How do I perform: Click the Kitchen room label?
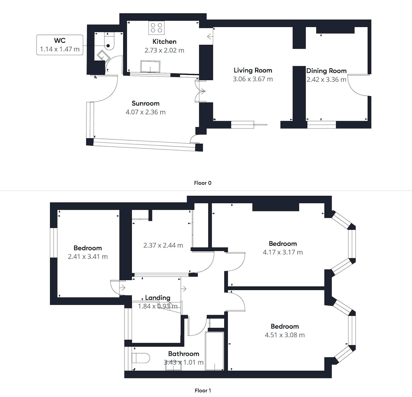coord(164,42)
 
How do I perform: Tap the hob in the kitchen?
coord(157,28)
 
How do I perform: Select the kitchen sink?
coord(150,66)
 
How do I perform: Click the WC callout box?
coord(60,45)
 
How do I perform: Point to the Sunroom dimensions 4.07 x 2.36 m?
coord(145,112)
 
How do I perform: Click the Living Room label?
coord(253,70)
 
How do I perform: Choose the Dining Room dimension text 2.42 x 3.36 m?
coord(326,79)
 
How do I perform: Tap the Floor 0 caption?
coord(203,183)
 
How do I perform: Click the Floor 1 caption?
coord(203,390)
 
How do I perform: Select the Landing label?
coord(158,297)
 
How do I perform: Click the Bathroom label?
coord(183,354)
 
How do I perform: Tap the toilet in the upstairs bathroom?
coord(140,358)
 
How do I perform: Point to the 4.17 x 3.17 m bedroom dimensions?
coord(283,252)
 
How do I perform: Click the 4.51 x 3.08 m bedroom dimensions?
coord(285,335)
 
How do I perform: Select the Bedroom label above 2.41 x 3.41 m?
coord(87,248)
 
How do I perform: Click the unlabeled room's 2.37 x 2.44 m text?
coord(163,245)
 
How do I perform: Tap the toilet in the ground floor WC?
coord(108,42)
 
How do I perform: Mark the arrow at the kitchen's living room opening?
coord(210,37)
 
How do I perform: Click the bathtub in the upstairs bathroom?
coord(214,351)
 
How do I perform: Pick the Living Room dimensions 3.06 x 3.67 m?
coord(253,79)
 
